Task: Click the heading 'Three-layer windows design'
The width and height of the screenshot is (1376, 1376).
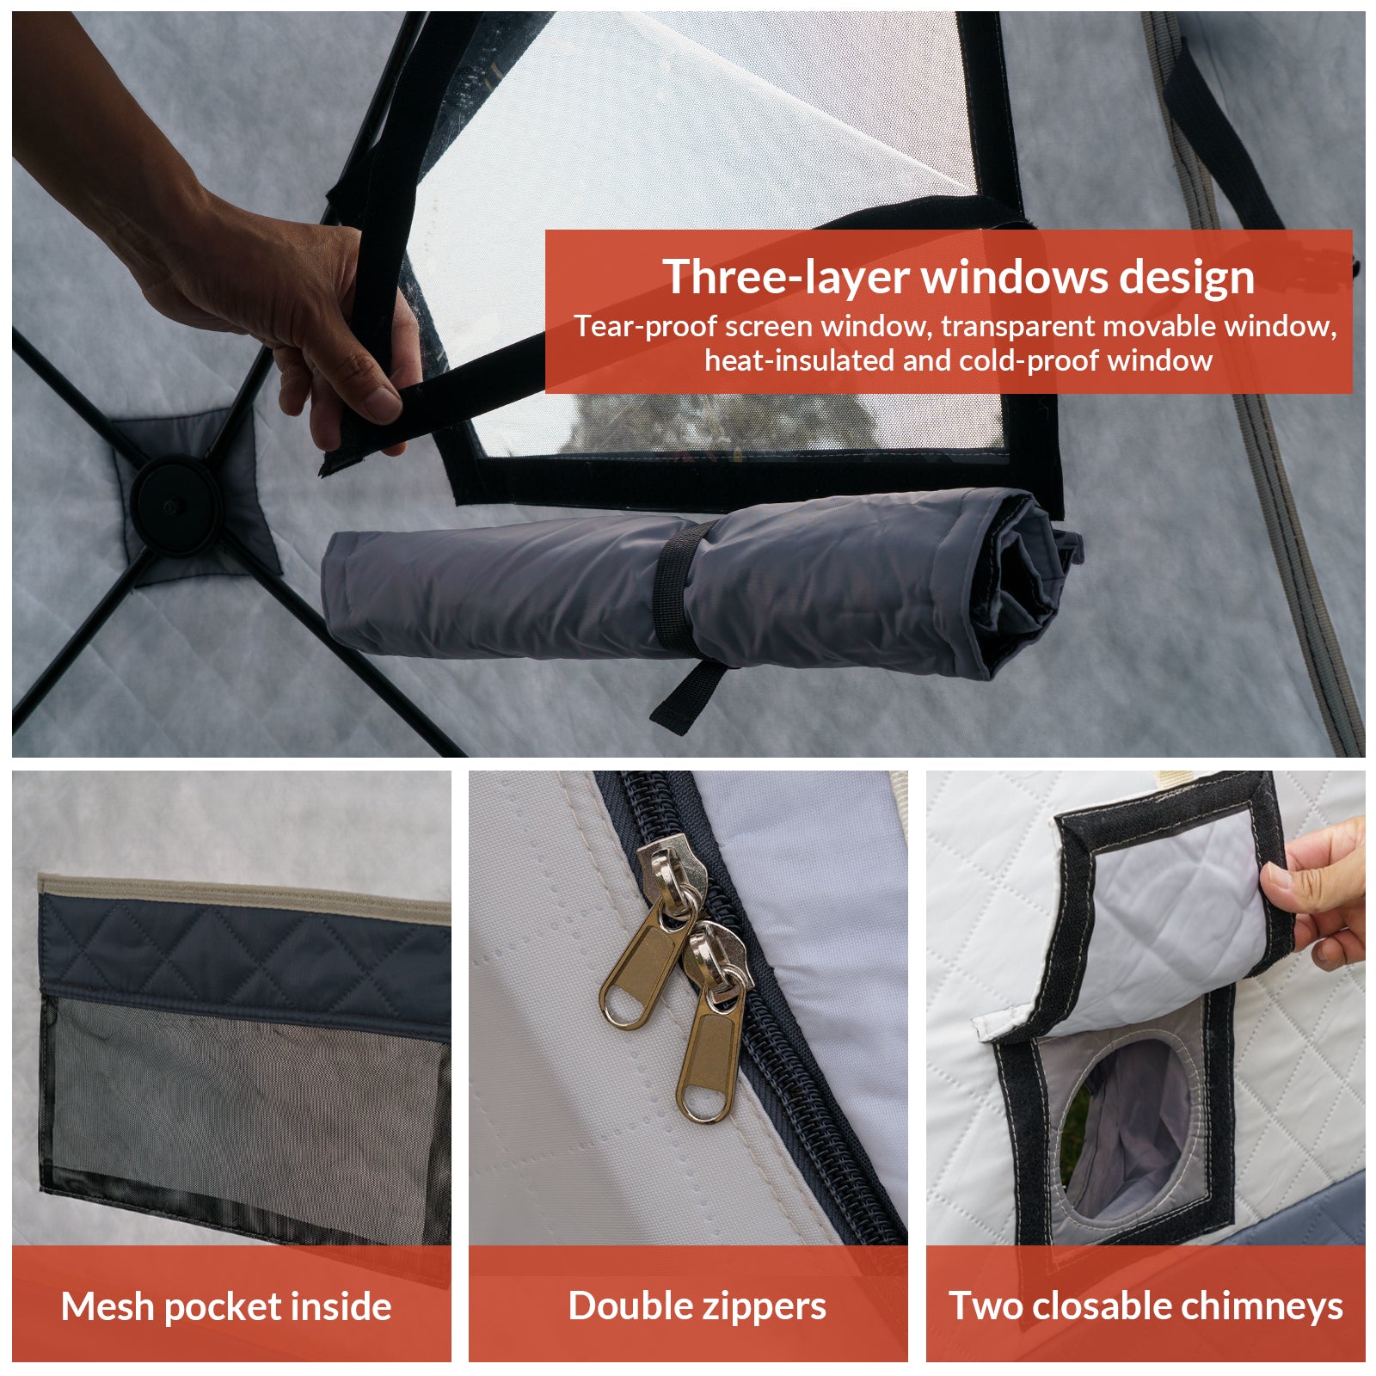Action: tap(958, 277)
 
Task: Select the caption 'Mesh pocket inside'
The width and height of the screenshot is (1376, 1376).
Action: tap(226, 1306)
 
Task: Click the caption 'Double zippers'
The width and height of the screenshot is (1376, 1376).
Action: tap(697, 1306)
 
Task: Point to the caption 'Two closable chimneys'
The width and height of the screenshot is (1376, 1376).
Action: tap(1146, 1306)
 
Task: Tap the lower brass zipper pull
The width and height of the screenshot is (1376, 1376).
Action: tap(712, 1023)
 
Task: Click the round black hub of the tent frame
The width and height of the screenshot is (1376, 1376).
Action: tap(175, 505)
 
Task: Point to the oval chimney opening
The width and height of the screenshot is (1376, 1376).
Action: tap(1127, 1127)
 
